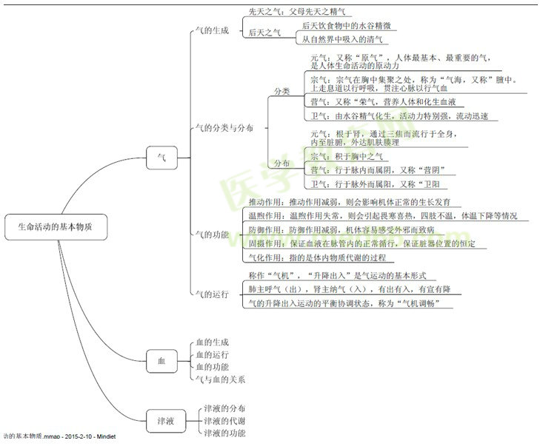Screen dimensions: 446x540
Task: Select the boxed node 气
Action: pos(161,157)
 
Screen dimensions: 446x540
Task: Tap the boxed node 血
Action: pos(161,360)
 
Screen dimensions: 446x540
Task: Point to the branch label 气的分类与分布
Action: pos(221,128)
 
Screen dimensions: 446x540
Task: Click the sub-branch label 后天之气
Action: pos(264,33)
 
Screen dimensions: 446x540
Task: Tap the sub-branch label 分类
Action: pos(282,90)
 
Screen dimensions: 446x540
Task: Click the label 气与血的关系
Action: pos(219,379)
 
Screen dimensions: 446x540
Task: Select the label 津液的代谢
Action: pos(225,420)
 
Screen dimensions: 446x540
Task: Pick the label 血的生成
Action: pos(212,342)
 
